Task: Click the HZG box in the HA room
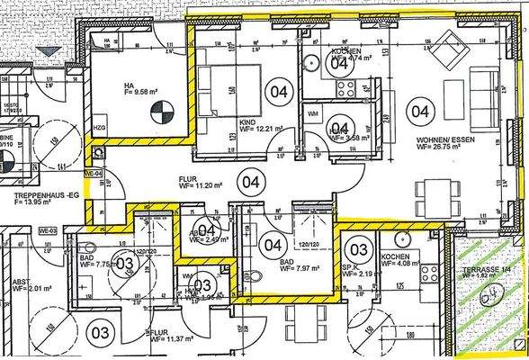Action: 98,131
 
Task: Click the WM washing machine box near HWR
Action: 312,114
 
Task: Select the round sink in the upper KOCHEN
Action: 309,62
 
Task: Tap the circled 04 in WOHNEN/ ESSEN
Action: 419,112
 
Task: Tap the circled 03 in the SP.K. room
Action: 359,248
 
